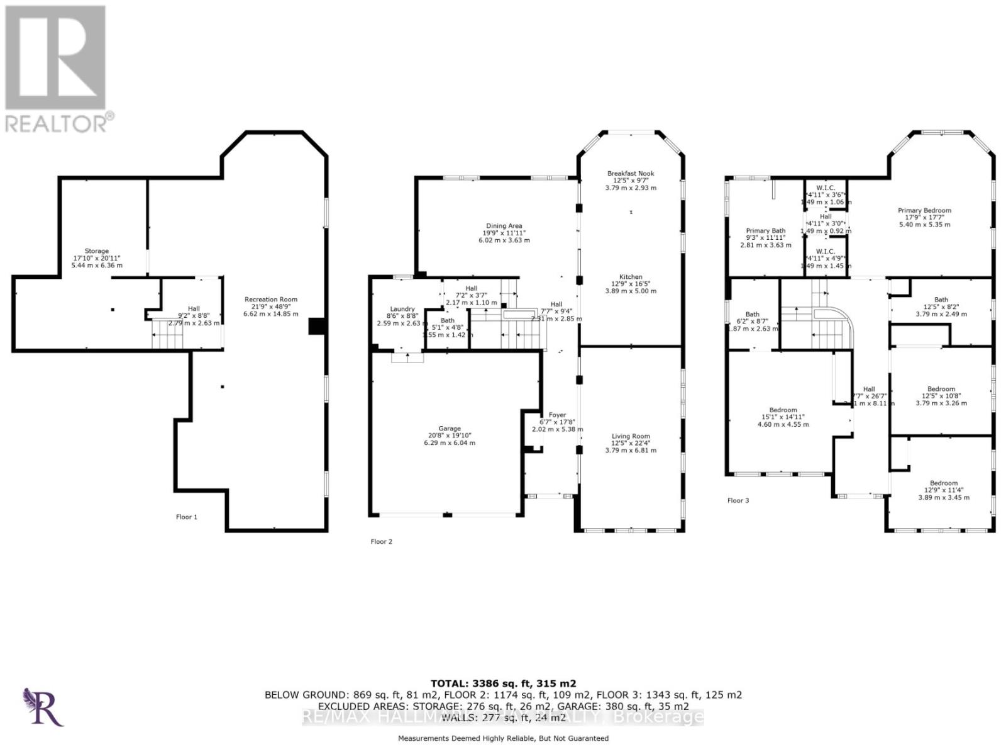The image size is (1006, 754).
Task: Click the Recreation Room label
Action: pyautogui.click(x=270, y=300)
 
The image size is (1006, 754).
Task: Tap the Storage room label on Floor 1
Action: pyautogui.click(x=97, y=251)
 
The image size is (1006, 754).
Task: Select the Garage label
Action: pyautogui.click(x=450, y=429)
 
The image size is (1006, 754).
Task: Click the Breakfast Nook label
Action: pyautogui.click(x=631, y=174)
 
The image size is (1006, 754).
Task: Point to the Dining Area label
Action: pyautogui.click(x=504, y=226)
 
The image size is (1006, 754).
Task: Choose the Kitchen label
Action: pyautogui.click(x=631, y=277)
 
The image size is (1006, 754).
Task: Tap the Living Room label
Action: pyautogui.click(x=631, y=436)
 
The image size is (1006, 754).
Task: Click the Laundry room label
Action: pyautogui.click(x=402, y=309)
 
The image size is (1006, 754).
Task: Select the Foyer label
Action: pyautogui.click(x=557, y=415)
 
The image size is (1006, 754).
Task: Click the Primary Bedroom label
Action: pyautogui.click(x=924, y=211)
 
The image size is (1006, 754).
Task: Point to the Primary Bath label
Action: pyautogui.click(x=766, y=231)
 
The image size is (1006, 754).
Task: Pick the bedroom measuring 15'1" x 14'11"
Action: pyautogui.click(x=783, y=410)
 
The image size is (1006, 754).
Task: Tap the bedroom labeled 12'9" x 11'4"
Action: pyautogui.click(x=944, y=483)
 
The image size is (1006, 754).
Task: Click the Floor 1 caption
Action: pyautogui.click(x=186, y=517)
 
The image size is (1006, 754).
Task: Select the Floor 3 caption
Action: pyautogui.click(x=738, y=500)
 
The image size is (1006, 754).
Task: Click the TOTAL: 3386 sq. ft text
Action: pyautogui.click(x=503, y=684)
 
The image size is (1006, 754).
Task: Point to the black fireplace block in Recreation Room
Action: pyautogui.click(x=316, y=326)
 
